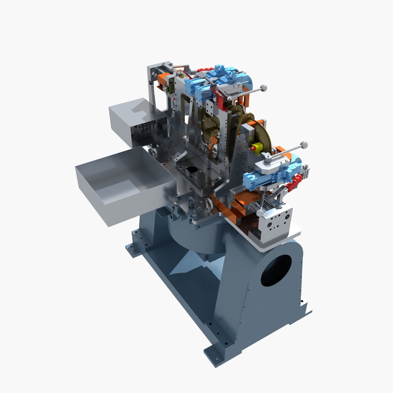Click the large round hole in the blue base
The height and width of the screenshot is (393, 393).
[276, 270]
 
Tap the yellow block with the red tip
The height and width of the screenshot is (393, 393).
[257, 147]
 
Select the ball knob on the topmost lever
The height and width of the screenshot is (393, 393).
[263, 88]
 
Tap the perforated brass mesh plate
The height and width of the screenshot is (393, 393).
[209, 126]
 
